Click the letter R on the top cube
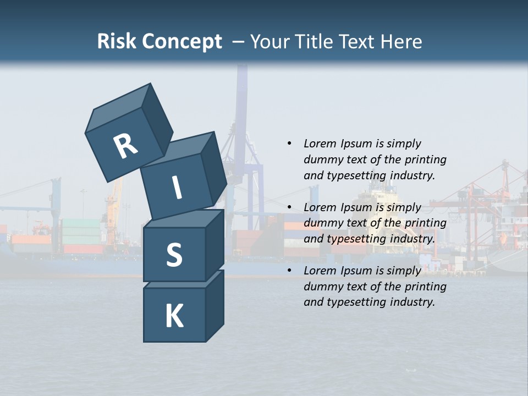click(125, 146)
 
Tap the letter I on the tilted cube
click(177, 188)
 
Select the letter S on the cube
click(174, 255)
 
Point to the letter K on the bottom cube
click(174, 316)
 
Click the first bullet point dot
click(289, 144)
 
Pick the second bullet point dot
click(289, 207)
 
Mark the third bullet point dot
click(289, 271)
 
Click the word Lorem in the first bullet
click(320, 144)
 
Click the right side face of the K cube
click(215, 308)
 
